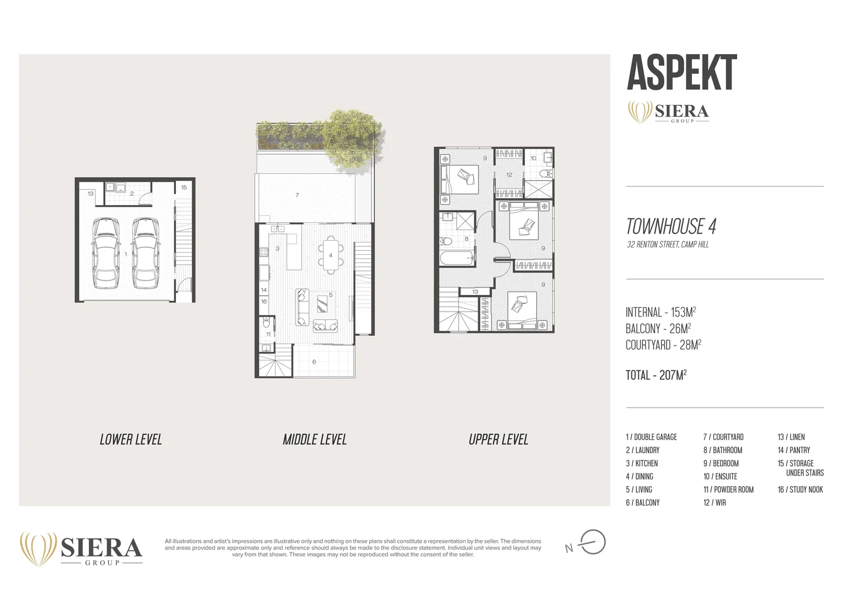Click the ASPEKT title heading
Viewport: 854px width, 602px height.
click(681, 72)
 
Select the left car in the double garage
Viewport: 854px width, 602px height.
click(106, 253)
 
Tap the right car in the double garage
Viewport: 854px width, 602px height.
click(146, 253)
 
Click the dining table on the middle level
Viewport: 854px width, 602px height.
click(330, 255)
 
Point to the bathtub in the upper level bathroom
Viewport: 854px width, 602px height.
click(457, 259)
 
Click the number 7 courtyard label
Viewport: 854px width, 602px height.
click(297, 195)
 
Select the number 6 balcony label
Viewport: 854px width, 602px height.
click(314, 362)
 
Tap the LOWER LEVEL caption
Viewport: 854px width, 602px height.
click(131, 440)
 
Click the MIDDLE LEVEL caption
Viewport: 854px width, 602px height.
click(315, 440)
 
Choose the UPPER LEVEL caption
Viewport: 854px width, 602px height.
click(498, 440)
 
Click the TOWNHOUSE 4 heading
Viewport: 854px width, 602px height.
click(671, 226)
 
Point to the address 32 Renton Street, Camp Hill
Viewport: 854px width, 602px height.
click(668, 245)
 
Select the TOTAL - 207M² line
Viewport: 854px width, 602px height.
click(656, 375)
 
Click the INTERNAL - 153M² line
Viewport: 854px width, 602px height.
click(660, 312)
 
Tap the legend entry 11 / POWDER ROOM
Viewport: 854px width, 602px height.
click(728, 489)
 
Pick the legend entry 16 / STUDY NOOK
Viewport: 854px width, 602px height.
click(800, 489)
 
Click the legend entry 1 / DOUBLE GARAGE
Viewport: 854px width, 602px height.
click(651, 437)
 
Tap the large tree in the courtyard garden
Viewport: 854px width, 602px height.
click(352, 136)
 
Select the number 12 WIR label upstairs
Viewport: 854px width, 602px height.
click(509, 174)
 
